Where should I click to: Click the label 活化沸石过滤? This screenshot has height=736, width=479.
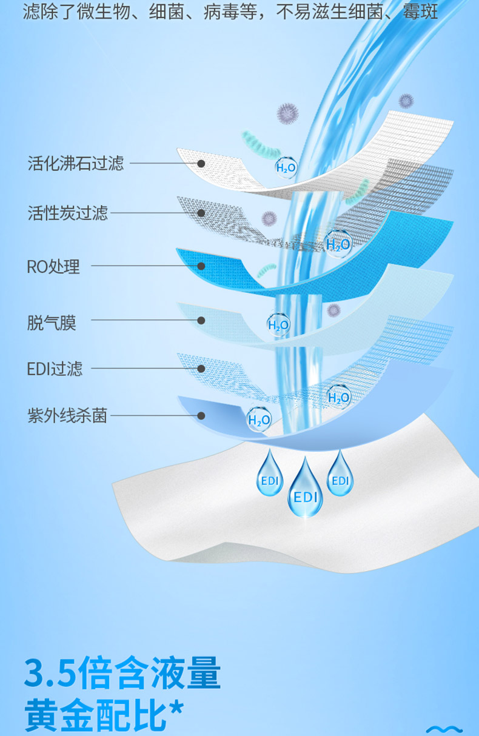(76, 163)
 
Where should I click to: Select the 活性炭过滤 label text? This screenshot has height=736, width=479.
(68, 213)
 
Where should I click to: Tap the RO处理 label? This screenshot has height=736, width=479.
(53, 266)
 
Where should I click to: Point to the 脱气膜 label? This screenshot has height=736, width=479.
(52, 323)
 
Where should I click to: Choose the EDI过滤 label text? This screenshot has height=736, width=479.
(55, 369)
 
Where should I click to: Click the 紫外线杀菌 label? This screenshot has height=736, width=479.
(67, 416)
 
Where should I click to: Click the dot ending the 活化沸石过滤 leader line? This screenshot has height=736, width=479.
(201, 163)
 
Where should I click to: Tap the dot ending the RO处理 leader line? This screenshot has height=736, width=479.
(201, 266)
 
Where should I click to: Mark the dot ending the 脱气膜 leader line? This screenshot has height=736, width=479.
(201, 320)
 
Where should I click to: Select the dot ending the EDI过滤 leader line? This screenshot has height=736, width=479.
(201, 368)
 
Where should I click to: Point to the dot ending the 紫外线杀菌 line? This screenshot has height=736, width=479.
(201, 416)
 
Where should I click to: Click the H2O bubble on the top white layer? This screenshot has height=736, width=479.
(286, 167)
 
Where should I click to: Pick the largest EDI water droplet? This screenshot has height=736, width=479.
(305, 491)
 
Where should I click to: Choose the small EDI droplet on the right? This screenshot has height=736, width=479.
(340, 475)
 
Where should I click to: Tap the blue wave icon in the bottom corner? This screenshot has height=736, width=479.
(444, 729)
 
